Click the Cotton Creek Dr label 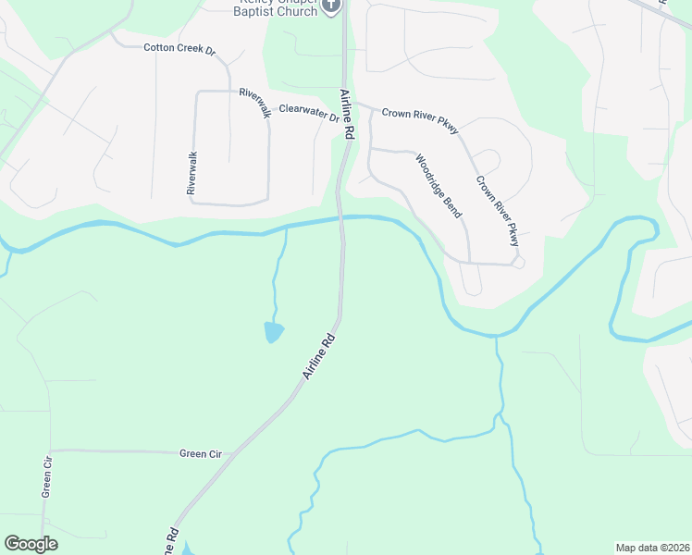pyautogui.click(x=179, y=48)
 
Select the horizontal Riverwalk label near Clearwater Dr pyautogui.click(x=255, y=102)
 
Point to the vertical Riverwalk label pyautogui.click(x=192, y=173)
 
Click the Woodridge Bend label pyautogui.click(x=439, y=185)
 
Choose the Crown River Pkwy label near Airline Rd pyautogui.click(x=420, y=120)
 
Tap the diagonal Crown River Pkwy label pyautogui.click(x=499, y=211)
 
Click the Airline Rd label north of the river pyautogui.click(x=347, y=114)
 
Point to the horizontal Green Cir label pyautogui.click(x=201, y=453)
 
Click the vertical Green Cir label pyautogui.click(x=46, y=476)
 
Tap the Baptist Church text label pyautogui.click(x=275, y=10)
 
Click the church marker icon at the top pyautogui.click(x=332, y=5)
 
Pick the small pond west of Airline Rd pyautogui.click(x=273, y=332)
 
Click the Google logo pyautogui.click(x=31, y=544)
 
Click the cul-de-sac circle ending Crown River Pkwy pyautogui.click(x=518, y=263)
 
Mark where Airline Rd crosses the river pyautogui.click(x=341, y=219)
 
